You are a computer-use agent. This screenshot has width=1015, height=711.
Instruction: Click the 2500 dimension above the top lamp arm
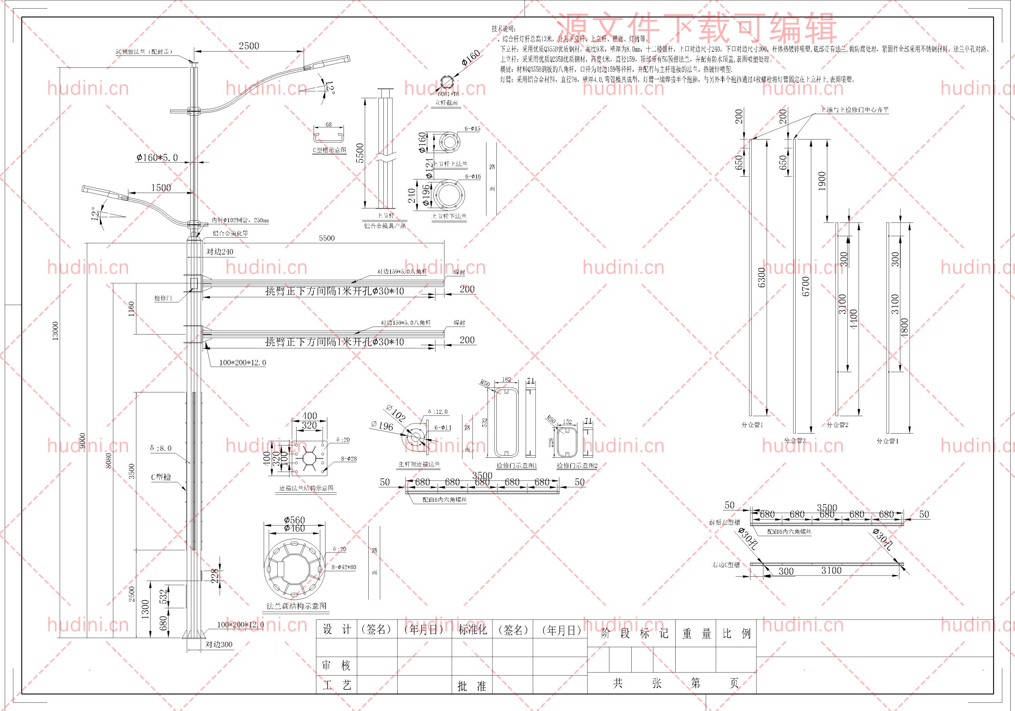[x=249, y=46]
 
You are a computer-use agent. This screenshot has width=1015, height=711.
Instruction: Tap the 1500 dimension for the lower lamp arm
[x=161, y=188]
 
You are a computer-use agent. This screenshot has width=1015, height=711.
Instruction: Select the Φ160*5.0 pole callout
[x=157, y=158]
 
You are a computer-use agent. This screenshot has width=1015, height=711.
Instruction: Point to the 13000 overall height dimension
[x=55, y=331]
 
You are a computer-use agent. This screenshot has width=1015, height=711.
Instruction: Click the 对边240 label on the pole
[x=220, y=252]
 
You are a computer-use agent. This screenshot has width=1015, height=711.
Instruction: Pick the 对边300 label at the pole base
[x=219, y=644]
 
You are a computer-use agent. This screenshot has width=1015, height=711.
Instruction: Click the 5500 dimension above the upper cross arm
[x=327, y=238]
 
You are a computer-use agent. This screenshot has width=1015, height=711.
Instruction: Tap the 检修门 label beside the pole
[x=163, y=298]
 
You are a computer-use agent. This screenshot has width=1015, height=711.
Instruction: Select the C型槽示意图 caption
[x=329, y=150]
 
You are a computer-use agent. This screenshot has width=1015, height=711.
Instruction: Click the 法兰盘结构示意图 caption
[x=296, y=606]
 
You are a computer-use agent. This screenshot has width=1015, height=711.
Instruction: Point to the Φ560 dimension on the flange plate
[x=295, y=520]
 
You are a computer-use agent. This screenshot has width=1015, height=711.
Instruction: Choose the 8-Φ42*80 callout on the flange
[x=343, y=567]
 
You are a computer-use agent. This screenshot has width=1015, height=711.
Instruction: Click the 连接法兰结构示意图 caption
[x=306, y=488]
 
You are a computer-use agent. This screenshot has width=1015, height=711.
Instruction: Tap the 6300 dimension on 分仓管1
[x=762, y=277]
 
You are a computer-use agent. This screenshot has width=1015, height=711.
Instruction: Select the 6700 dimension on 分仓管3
[x=805, y=287]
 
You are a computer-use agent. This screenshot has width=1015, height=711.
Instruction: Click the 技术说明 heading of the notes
[x=504, y=29]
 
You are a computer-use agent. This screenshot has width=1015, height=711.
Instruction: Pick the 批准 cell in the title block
[x=471, y=686]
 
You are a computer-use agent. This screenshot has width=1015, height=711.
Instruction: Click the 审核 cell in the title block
[x=337, y=665]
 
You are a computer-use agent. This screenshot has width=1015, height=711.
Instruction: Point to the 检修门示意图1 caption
[x=516, y=465]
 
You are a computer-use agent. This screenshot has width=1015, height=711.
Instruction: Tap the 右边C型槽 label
[x=726, y=565]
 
